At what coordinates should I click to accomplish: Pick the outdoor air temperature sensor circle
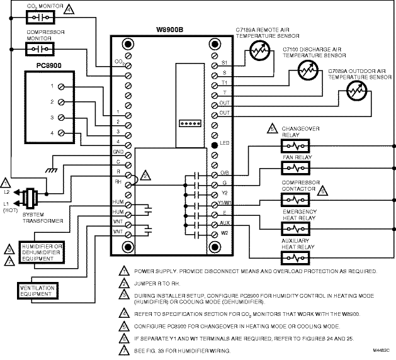pos(349,96)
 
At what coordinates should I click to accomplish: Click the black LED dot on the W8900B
pos(215,145)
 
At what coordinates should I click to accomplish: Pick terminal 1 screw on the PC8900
pos(61,86)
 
